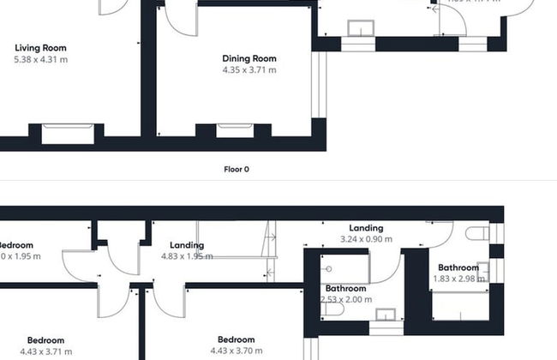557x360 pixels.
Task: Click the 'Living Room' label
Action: (41, 48)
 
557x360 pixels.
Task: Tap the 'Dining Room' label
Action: (249, 58)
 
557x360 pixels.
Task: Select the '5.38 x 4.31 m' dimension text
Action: (41, 60)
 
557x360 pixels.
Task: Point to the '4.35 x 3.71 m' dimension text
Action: (249, 70)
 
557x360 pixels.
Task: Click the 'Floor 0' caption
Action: (236, 170)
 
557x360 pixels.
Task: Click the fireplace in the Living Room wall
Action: (66, 132)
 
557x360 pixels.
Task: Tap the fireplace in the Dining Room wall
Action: (234, 131)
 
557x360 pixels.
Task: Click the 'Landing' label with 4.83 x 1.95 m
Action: (187, 245)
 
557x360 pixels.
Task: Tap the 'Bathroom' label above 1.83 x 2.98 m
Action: (458, 267)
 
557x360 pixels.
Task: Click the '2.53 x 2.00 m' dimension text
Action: (346, 300)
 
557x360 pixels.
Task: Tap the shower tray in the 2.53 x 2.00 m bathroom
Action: (345, 267)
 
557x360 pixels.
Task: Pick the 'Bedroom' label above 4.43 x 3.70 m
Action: (236, 339)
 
